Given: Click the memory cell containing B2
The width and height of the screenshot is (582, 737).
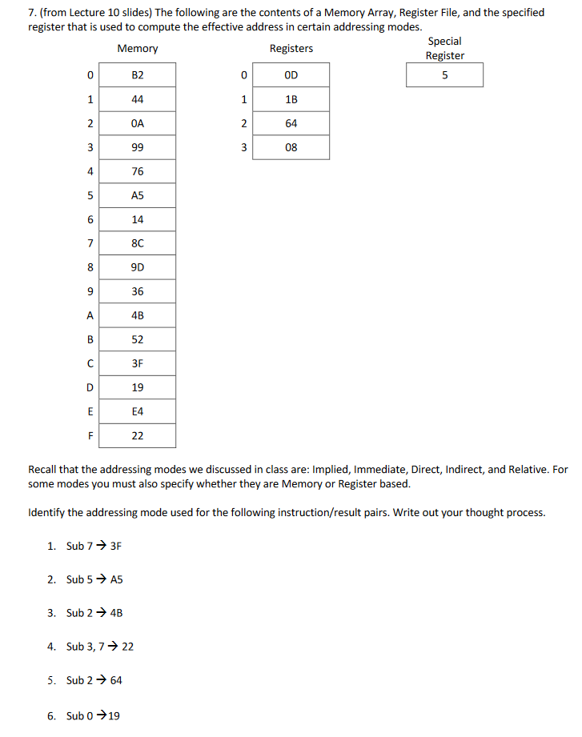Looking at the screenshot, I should [137, 75].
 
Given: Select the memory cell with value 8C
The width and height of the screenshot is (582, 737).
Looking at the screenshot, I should [137, 243].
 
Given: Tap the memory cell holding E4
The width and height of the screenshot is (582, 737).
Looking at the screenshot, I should [137, 411].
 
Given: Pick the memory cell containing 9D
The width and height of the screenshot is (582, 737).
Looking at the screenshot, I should [137, 267].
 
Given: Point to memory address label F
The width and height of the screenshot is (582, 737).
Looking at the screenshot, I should [90, 436].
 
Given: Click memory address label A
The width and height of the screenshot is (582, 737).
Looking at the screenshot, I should [90, 315].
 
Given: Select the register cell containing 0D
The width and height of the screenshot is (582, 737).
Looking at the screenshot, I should [291, 75].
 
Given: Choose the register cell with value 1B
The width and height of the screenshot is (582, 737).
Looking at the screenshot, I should [291, 99].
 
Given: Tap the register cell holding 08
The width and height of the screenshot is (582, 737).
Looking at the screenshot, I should [291, 147].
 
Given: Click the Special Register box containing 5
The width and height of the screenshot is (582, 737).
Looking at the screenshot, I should [444, 75].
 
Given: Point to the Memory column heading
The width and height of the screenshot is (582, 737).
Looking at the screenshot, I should [137, 49].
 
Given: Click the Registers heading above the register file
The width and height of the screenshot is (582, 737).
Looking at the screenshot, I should [291, 49].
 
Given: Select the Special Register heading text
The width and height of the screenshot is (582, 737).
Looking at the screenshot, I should [444, 48].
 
